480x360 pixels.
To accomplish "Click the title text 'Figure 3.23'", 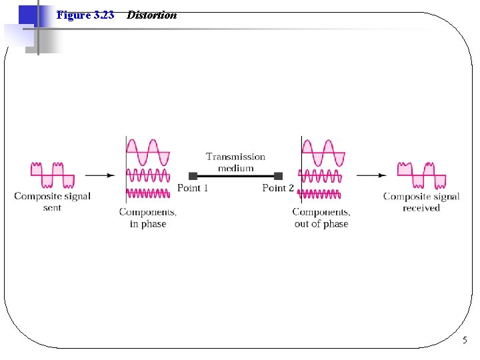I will [85, 15].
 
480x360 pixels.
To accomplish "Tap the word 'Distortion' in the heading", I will [152, 15].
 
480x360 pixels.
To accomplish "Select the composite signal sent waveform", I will [52, 175].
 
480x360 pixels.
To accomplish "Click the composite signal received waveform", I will [421, 175].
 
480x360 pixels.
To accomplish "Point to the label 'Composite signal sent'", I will [52, 201].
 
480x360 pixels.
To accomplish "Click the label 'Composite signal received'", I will [421, 201].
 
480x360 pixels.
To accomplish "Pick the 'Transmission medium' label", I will [235, 162].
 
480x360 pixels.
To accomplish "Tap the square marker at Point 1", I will [193, 176].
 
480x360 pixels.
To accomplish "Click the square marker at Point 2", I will [278, 176].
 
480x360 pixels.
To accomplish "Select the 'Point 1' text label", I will [193, 188].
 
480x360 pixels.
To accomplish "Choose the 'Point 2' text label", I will [278, 188].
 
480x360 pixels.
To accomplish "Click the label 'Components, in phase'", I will [148, 218].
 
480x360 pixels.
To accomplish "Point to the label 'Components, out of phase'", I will [321, 218].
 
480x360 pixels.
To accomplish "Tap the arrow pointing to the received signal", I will [371, 175].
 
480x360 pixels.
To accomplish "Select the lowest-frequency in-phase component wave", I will [148, 152].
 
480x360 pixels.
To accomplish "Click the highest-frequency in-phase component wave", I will [148, 193].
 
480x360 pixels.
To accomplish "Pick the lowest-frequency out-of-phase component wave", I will [324, 152].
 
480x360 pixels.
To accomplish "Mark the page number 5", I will [465, 341].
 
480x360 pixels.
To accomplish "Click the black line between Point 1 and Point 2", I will [235, 176].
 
